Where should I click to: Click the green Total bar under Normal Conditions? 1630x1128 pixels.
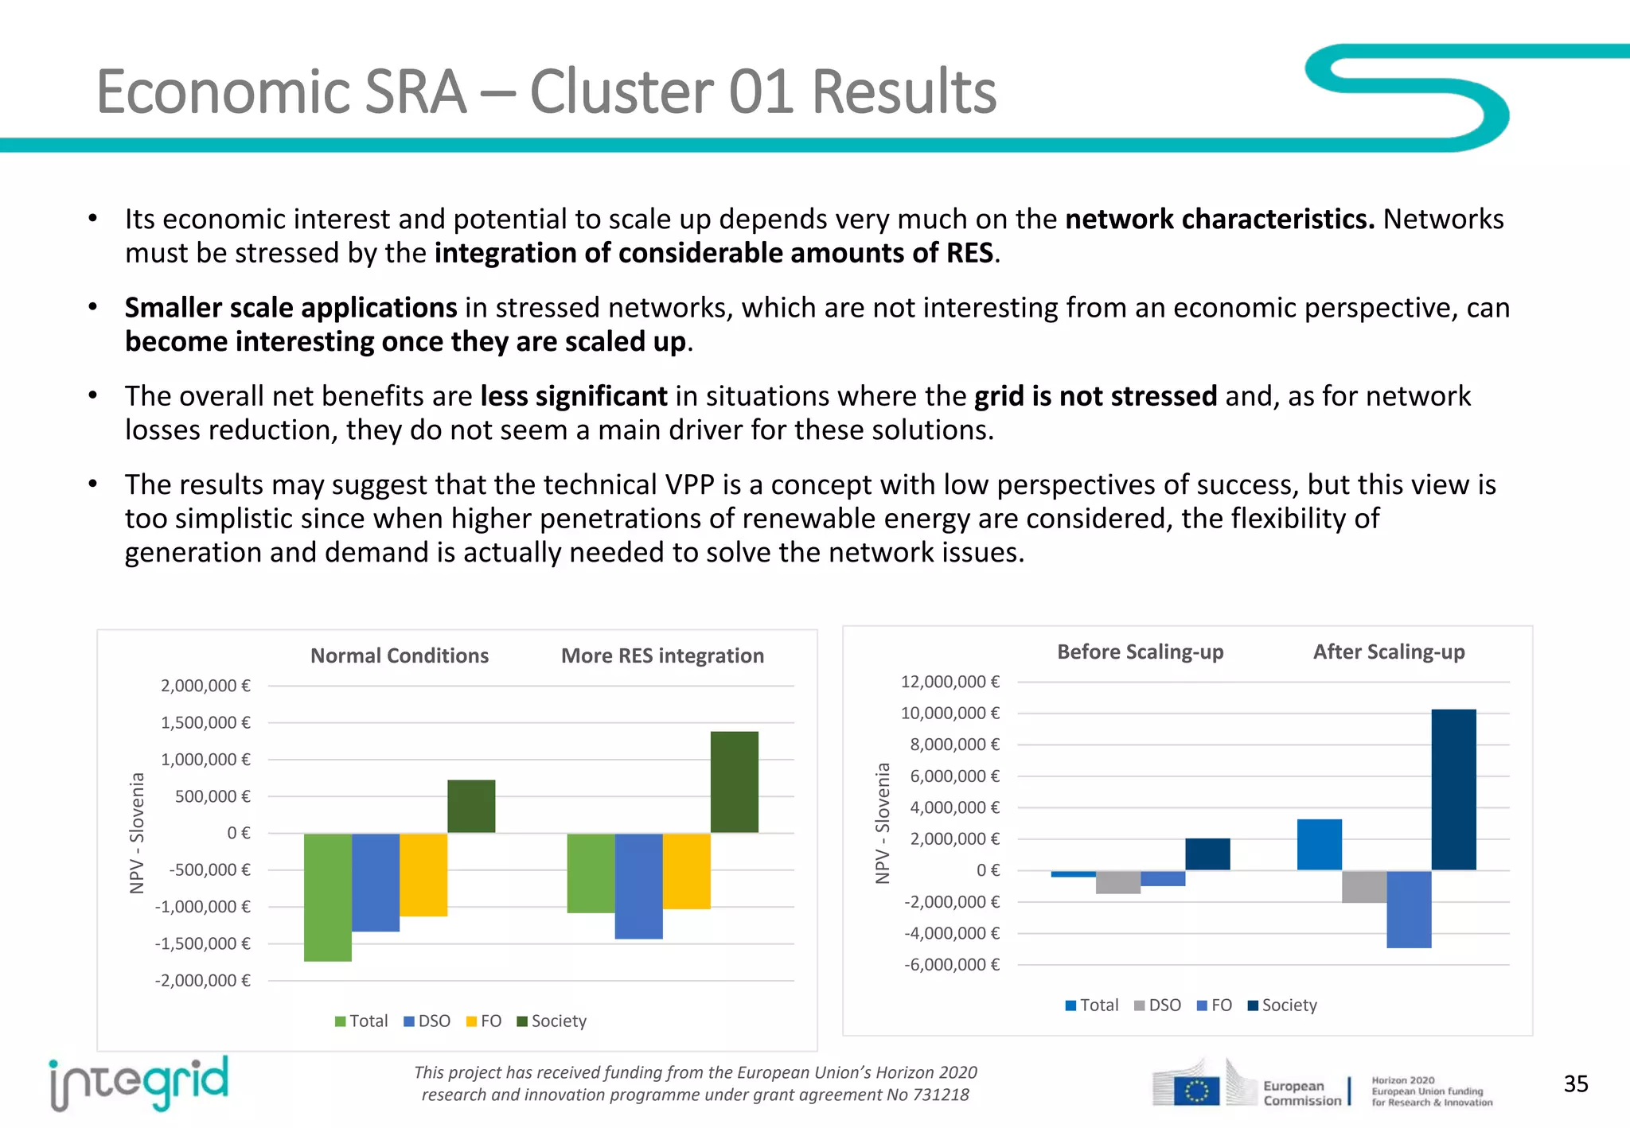point(327,897)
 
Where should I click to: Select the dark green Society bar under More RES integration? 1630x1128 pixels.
point(734,782)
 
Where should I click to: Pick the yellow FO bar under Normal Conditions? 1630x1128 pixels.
point(423,874)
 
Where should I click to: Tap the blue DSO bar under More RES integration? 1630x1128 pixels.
point(638,885)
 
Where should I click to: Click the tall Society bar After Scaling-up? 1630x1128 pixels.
point(1453,789)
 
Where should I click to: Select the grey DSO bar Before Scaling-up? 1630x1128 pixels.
point(1117,882)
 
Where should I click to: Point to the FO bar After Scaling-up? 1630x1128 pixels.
point(1408,908)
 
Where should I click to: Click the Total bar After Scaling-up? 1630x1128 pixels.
point(1319,844)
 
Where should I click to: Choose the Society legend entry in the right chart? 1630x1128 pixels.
point(1282,1005)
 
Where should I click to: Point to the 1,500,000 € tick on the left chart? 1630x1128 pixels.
point(205,722)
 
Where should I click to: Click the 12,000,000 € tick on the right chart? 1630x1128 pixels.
point(950,682)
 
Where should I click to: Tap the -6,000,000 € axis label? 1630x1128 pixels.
point(951,964)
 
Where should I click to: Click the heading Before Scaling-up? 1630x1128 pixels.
point(1140,652)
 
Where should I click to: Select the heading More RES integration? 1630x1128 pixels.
point(662,655)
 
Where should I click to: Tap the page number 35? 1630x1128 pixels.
point(1575,1083)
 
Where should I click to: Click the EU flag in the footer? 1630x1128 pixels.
point(1196,1091)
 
